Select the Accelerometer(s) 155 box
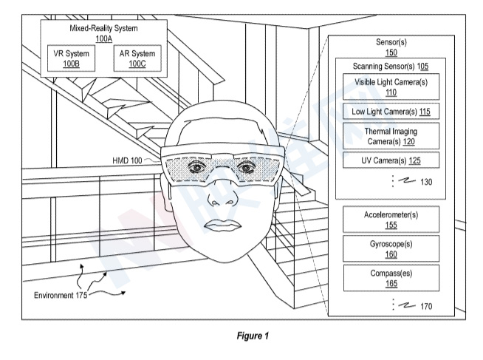tap(391, 219)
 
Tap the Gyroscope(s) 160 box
tap(391, 247)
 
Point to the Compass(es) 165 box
tap(391, 276)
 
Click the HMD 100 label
tap(129, 158)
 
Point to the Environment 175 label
tap(60, 296)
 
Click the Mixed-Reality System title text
tap(103, 28)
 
